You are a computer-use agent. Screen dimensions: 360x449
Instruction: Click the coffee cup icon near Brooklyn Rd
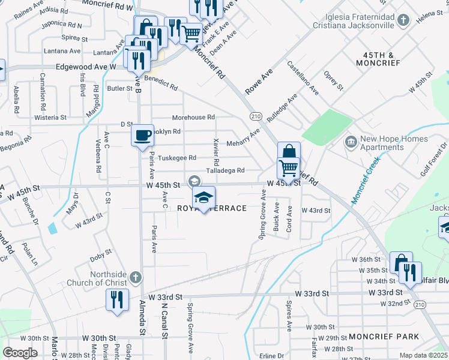pos(142,135)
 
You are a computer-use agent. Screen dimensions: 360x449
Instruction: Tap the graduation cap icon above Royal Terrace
pos(204,197)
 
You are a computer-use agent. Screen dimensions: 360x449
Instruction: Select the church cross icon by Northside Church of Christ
pos(136,278)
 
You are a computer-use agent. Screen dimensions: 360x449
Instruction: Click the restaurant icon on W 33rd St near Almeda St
pos(117,299)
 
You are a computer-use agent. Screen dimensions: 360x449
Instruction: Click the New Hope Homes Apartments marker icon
pos(350,143)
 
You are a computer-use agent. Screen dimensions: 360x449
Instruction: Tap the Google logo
pos(20,352)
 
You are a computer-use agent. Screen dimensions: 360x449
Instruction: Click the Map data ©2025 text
pos(424,355)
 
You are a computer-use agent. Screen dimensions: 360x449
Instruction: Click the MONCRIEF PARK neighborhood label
pos(384,337)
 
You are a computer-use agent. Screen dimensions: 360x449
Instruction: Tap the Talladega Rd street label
pos(225,171)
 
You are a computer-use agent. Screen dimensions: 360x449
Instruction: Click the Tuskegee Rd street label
pos(176,158)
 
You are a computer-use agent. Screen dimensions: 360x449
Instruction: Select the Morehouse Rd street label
pos(193,118)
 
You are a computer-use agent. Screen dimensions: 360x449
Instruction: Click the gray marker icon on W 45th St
pos(194,181)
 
